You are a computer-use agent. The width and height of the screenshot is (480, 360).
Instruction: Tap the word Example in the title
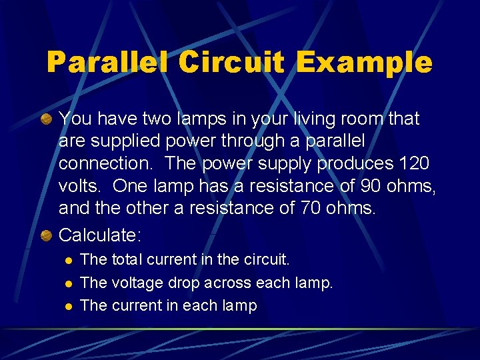pos(364,63)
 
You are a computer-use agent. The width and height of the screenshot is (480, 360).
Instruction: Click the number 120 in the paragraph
pos(413,163)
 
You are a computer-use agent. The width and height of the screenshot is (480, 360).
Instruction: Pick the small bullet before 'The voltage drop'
pos(67,283)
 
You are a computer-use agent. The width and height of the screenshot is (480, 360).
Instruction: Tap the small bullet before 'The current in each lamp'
pos(67,306)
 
